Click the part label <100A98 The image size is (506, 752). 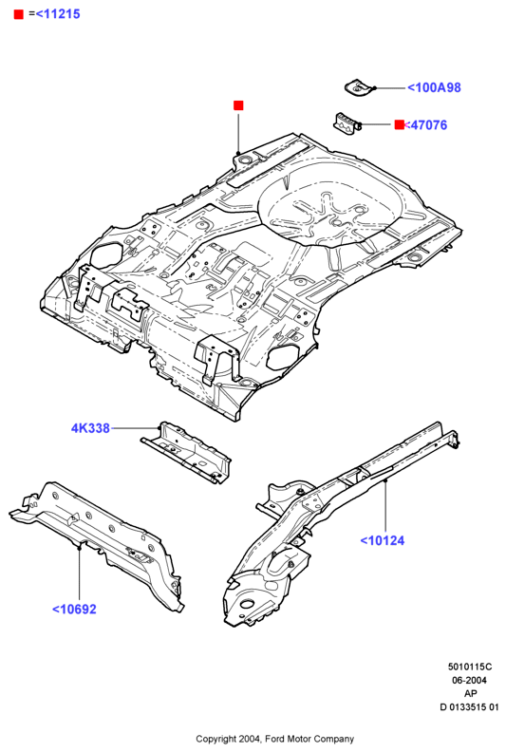coord(434,87)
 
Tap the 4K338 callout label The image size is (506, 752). coord(90,428)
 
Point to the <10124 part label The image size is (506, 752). coord(383,540)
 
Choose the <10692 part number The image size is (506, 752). coord(74,609)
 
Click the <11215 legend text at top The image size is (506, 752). coord(58,14)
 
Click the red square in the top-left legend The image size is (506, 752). coord(19,14)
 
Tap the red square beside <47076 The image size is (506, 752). coord(399,124)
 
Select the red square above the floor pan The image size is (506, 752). coord(238,105)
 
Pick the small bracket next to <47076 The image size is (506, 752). coord(347,123)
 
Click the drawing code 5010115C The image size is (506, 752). coord(470,667)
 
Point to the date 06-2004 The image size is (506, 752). coord(469,680)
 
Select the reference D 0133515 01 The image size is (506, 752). coord(469,707)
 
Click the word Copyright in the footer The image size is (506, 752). coord(216,740)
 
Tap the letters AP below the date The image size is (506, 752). coord(470,693)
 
